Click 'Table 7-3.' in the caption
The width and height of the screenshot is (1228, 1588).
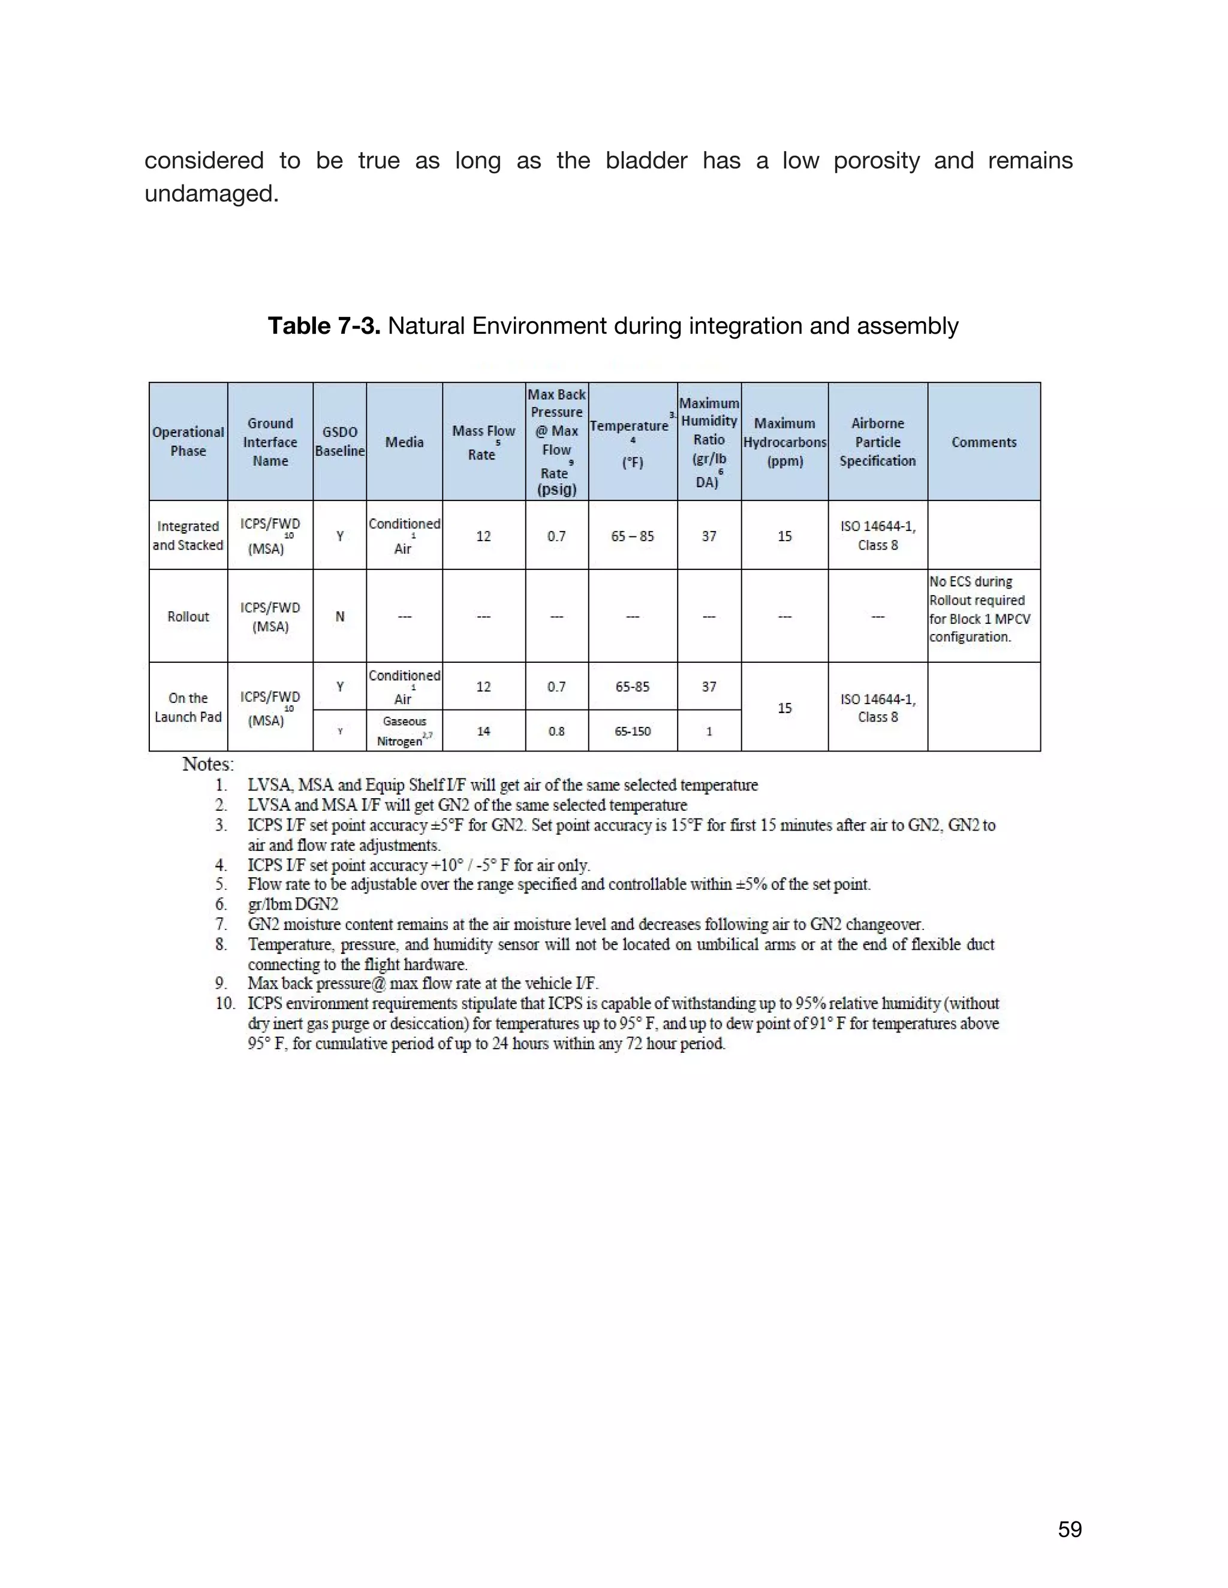point(324,326)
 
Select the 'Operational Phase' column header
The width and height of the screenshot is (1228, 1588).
point(188,442)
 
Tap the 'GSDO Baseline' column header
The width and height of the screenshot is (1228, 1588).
point(340,442)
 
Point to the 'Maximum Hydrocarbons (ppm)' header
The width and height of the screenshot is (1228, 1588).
point(784,442)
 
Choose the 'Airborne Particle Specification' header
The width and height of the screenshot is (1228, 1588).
point(877,442)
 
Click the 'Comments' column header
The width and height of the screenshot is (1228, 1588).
point(983,442)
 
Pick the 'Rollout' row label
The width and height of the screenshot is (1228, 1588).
point(188,617)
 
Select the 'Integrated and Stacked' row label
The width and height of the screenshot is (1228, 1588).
point(188,535)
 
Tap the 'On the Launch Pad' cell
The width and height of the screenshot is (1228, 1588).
point(188,707)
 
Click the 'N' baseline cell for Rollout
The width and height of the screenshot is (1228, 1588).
point(340,617)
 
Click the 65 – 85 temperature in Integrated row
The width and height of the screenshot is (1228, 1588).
point(632,536)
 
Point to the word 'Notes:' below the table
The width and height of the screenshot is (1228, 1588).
point(208,764)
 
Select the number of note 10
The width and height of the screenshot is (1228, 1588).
point(225,1003)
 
